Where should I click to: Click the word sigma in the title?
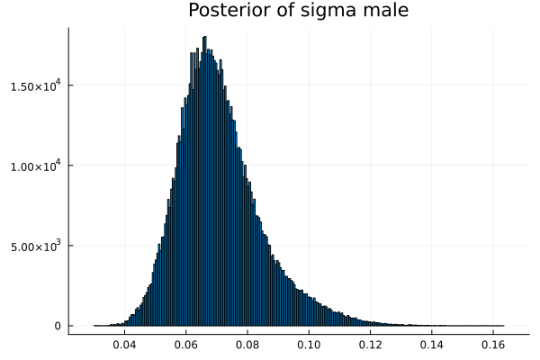[320, 11]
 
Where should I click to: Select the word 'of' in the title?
[277, 11]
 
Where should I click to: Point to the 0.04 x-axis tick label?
[124, 345]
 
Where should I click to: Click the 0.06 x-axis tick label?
[186, 345]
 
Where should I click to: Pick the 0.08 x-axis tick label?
[247, 345]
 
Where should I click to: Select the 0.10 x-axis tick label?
[309, 345]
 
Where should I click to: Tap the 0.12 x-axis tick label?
[370, 345]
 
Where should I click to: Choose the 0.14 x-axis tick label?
[431, 345]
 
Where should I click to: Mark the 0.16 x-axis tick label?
[492, 345]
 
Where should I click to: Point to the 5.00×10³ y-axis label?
[36, 246]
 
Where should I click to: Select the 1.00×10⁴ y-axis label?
[36, 166]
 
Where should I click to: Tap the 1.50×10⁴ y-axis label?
[36, 85]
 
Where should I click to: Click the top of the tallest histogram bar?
[205, 37]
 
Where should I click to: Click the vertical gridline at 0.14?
[431, 180]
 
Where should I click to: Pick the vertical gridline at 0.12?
[370, 180]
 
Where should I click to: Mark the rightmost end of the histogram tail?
[503, 325]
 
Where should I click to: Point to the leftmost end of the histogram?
[94, 325]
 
